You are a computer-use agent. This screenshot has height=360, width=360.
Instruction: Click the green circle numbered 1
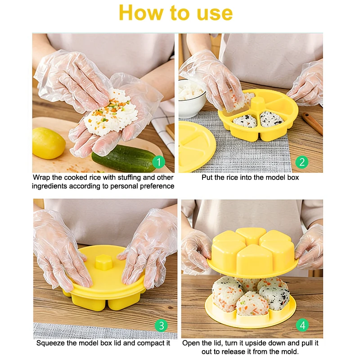tap(158, 161)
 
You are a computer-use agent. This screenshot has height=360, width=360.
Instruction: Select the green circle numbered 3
tap(161, 325)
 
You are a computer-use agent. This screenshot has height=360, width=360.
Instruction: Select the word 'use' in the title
tap(213, 13)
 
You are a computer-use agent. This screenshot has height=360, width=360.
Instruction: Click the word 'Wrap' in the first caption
tap(41, 178)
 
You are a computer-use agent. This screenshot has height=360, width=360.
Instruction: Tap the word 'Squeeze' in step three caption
tap(50, 343)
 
